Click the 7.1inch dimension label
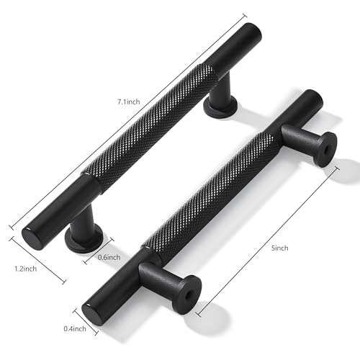coord(128,102)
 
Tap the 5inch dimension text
coord(280,248)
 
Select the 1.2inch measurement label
coord(26,269)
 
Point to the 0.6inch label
coord(109,257)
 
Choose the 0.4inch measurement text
coord(75,328)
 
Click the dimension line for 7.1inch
coord(128,121)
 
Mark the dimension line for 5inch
coord(268,241)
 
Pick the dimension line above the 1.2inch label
coord(37,261)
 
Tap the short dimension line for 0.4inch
coord(86,322)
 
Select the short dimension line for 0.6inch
coord(99,251)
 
